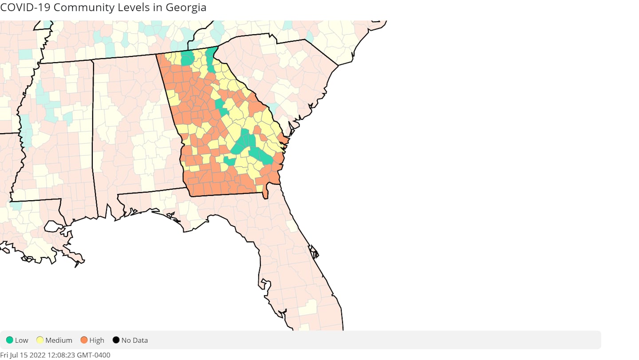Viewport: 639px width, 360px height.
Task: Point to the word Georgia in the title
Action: click(x=186, y=8)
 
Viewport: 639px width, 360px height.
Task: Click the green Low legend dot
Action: click(x=9, y=340)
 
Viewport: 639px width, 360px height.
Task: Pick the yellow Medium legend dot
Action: click(x=40, y=340)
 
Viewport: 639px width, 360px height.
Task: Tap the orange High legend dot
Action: click(x=84, y=340)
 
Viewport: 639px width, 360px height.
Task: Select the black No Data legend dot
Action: click(x=116, y=340)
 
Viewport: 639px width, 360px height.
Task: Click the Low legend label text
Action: click(x=21, y=340)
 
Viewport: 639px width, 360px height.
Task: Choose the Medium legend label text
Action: click(x=59, y=340)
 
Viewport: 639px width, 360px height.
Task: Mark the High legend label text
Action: click(x=97, y=340)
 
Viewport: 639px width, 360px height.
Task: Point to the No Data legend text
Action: click(x=134, y=340)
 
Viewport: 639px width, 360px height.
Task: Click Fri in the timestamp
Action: click(x=4, y=355)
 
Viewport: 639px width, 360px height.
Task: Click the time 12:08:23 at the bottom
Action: click(x=62, y=355)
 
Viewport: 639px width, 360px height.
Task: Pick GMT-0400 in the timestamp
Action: click(x=94, y=355)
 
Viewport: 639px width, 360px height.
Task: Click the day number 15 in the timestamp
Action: click(x=25, y=355)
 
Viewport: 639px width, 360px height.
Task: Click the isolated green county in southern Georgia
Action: click(x=230, y=161)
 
